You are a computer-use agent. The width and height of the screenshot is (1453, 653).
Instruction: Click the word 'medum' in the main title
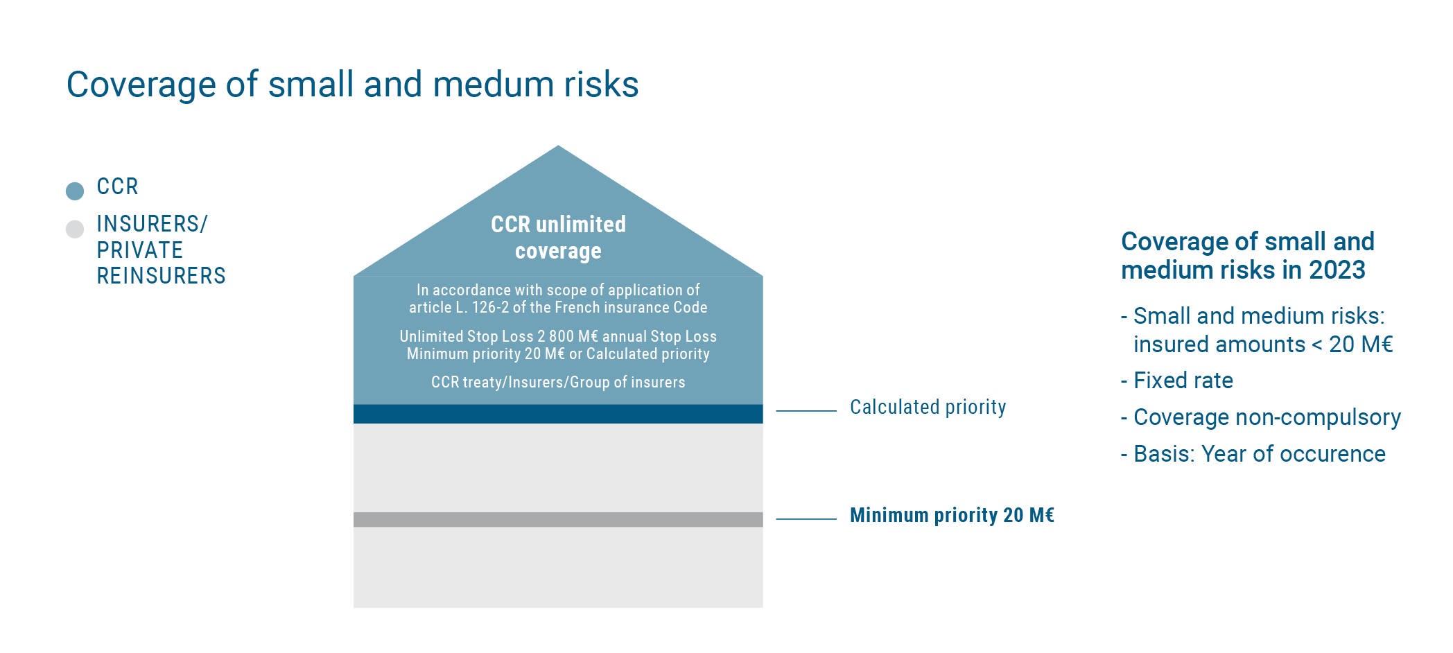pos(494,85)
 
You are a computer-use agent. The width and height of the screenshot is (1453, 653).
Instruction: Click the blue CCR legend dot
pos(75,191)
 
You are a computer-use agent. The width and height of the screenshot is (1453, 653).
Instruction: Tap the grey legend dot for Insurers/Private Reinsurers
pos(75,229)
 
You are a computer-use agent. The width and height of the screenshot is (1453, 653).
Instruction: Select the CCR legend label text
pos(118,186)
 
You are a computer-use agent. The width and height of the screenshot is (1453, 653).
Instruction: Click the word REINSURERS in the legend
pos(162,276)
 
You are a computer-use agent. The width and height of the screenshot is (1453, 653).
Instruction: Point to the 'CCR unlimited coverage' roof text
pos(559,237)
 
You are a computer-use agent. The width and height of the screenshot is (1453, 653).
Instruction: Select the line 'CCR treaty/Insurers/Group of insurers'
pos(558,382)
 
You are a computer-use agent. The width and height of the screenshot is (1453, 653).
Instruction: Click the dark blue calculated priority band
pos(558,414)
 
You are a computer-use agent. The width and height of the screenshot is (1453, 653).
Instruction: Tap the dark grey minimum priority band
pos(558,520)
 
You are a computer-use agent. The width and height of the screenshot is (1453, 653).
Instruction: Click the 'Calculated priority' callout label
pos(928,408)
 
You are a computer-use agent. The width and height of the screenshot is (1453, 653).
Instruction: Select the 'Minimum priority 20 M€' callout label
pos(952,515)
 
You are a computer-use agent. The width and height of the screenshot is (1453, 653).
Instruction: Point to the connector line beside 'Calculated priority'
pos(806,411)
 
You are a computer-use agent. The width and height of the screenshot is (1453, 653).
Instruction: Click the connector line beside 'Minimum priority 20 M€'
pos(806,519)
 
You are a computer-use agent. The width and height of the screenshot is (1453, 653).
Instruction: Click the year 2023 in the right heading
pos(1337,270)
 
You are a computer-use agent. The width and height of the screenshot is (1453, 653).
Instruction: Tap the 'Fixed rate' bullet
pos(1177,381)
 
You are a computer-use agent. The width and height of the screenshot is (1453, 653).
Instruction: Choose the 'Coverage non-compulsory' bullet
pos(1261,417)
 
